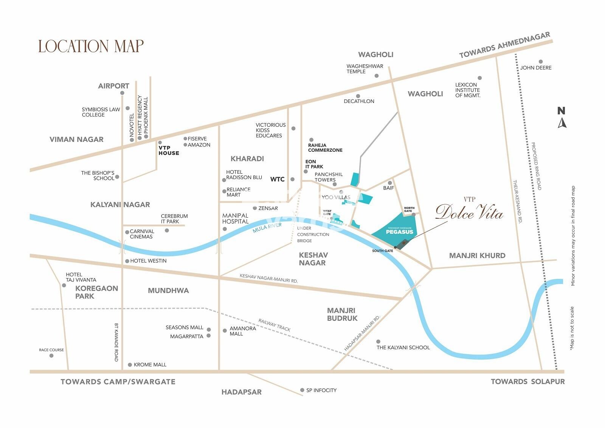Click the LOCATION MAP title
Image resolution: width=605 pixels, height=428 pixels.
tap(91, 46)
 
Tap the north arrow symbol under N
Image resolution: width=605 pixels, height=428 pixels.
tap(562, 123)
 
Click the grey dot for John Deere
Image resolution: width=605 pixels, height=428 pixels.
tap(541, 62)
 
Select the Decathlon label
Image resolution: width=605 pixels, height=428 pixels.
tap(359, 101)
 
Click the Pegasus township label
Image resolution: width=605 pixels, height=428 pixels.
tap(399, 232)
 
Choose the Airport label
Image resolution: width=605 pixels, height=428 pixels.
tap(113, 86)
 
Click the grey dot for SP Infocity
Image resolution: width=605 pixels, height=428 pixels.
tap(302, 390)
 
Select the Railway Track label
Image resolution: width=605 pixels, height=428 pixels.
tap(275, 325)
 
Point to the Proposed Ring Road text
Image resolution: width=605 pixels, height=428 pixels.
tap(537, 166)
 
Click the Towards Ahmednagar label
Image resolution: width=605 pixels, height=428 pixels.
tap(505, 45)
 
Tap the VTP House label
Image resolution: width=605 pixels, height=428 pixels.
tap(169, 150)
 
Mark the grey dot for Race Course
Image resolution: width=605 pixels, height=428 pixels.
tap(51, 356)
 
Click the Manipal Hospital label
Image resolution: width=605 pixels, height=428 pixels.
tap(235, 218)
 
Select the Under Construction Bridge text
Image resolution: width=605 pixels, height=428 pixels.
tap(313, 234)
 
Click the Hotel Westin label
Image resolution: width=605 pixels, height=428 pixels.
tap(148, 261)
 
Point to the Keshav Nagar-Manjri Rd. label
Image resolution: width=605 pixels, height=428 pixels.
tap(268, 278)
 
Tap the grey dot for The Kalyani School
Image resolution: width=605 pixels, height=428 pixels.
tap(378, 342)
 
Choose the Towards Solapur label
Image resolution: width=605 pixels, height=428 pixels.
tap(527, 381)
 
